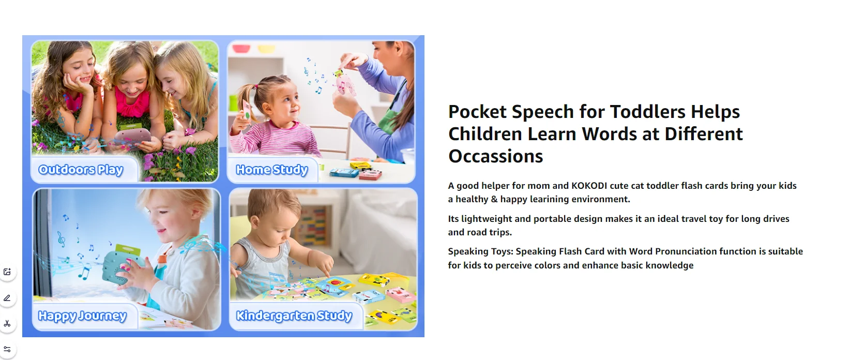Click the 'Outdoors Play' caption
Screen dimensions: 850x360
click(x=81, y=170)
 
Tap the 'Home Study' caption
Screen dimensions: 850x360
click(x=271, y=170)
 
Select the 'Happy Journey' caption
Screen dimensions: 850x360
click(x=82, y=316)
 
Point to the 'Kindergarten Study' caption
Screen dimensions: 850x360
click(x=294, y=316)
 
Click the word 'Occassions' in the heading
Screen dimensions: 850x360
click(x=496, y=156)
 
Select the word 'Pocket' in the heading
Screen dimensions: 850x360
click(x=477, y=112)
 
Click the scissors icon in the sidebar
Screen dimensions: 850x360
click(x=7, y=324)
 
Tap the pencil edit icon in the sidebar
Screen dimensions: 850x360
click(x=7, y=298)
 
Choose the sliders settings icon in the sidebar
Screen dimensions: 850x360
click(x=7, y=349)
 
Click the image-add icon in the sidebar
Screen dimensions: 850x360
click(x=7, y=272)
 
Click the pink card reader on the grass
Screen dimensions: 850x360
click(x=133, y=137)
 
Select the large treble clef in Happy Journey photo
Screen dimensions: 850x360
click(x=61, y=239)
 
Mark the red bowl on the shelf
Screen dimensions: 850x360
click(x=241, y=48)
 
